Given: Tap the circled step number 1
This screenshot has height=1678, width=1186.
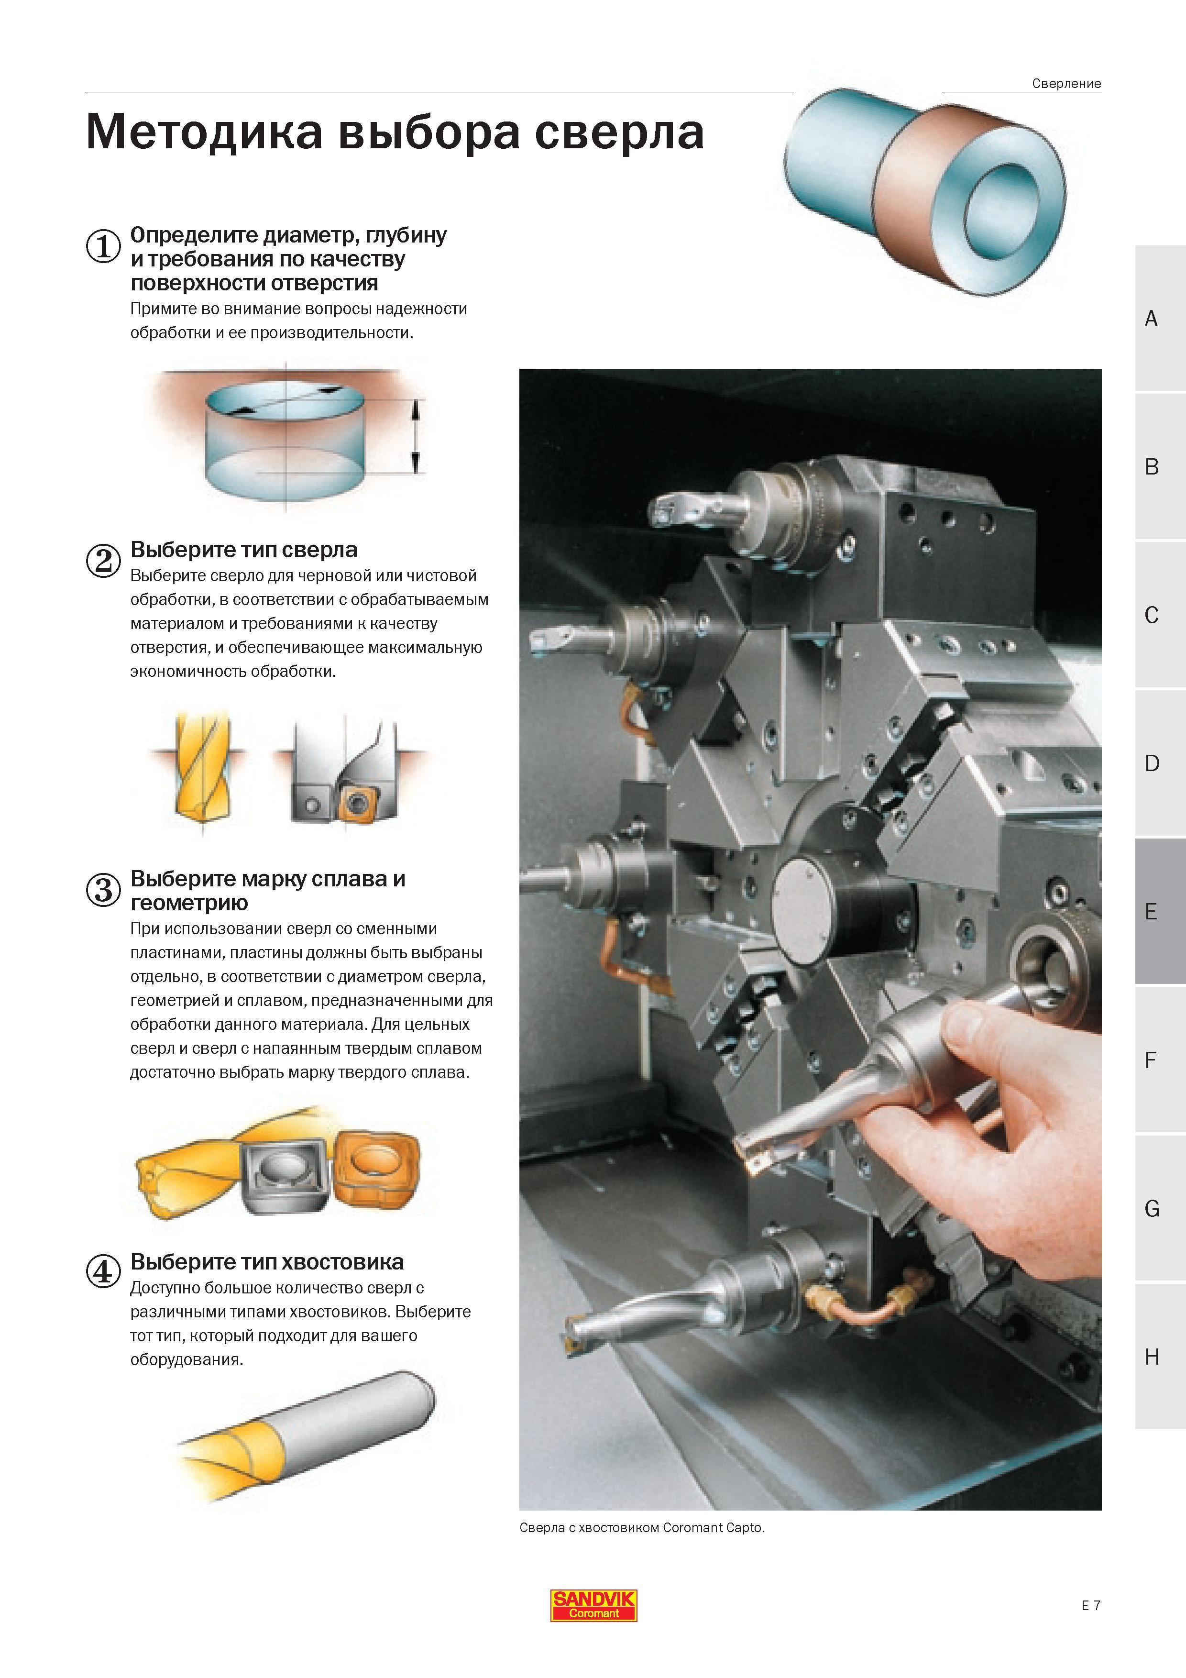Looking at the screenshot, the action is click(x=103, y=246).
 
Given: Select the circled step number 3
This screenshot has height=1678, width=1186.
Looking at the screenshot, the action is click(x=103, y=890).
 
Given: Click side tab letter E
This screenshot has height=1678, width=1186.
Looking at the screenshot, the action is click(x=1151, y=911).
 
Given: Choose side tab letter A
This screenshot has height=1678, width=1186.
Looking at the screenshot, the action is click(x=1151, y=319).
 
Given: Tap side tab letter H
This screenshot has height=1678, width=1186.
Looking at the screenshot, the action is click(x=1152, y=1357).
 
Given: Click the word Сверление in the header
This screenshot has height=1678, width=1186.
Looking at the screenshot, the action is click(x=1066, y=83).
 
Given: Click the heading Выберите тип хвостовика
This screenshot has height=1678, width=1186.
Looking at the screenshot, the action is click(x=267, y=1261).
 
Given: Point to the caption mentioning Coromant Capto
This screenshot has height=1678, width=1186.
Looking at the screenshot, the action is click(x=642, y=1527).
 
